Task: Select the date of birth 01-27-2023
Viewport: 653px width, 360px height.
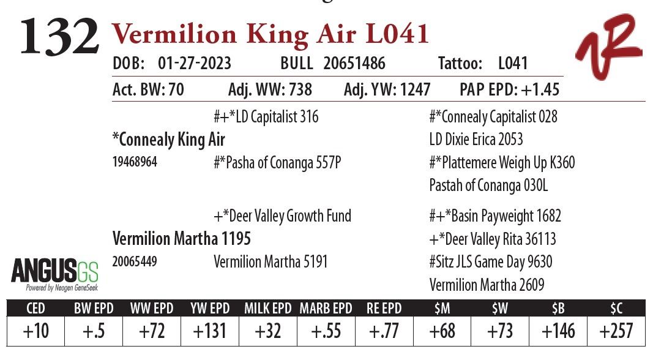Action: (x=194, y=64)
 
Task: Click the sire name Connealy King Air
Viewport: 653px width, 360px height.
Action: (x=169, y=140)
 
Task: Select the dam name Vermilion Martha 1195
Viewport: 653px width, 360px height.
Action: (x=182, y=238)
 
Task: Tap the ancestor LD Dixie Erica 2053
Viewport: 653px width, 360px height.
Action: (x=476, y=140)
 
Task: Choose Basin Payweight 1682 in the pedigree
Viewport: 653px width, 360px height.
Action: (x=495, y=216)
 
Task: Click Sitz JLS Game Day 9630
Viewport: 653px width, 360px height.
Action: (x=491, y=262)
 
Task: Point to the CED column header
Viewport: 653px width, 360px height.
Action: (x=35, y=309)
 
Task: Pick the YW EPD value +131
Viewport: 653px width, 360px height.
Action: (x=209, y=331)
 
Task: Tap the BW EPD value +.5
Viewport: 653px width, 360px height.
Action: (x=94, y=331)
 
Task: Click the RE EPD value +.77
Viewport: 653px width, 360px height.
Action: (x=383, y=331)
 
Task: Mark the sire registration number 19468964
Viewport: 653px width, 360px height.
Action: (x=135, y=163)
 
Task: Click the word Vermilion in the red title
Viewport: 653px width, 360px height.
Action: (x=174, y=34)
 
